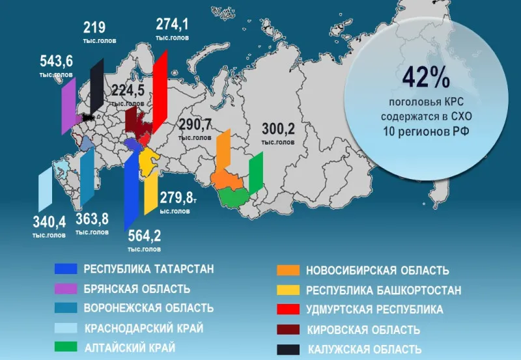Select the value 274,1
173,25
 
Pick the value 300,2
278,129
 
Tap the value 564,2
145,236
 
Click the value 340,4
49,222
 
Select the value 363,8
92,219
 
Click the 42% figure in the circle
426,78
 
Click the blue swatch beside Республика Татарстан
66,269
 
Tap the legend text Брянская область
137,289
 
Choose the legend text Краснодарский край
144,328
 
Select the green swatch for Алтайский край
66,347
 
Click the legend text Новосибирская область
377,271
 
